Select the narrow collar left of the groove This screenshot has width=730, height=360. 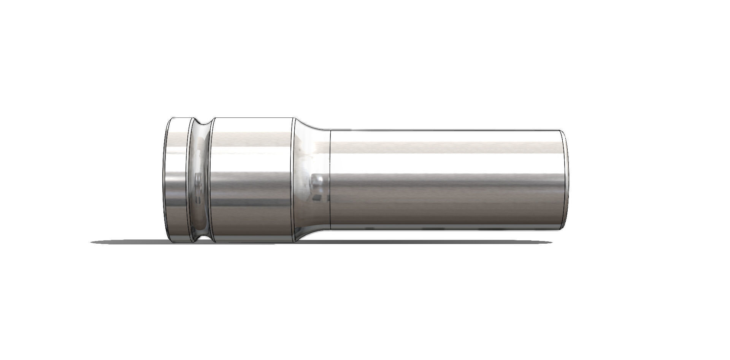pyautogui.click(x=176, y=179)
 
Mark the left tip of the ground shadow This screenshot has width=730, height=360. pyautogui.click(x=92, y=242)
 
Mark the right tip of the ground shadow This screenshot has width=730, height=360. pyautogui.click(x=551, y=242)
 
